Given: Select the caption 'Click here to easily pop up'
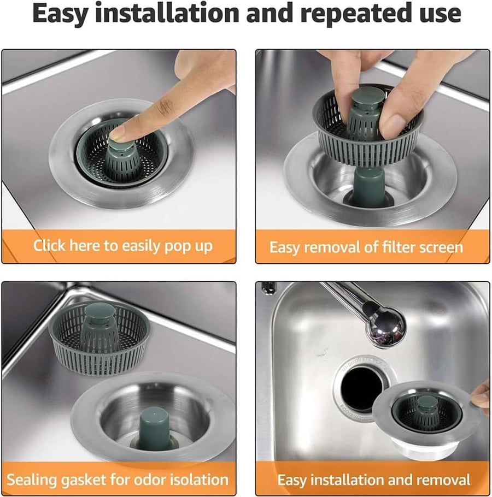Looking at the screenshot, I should [x=122, y=246].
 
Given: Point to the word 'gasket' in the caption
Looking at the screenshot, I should [x=85, y=480].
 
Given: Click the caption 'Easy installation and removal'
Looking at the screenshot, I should [x=374, y=480].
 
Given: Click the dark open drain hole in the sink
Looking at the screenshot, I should [x=361, y=388].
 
